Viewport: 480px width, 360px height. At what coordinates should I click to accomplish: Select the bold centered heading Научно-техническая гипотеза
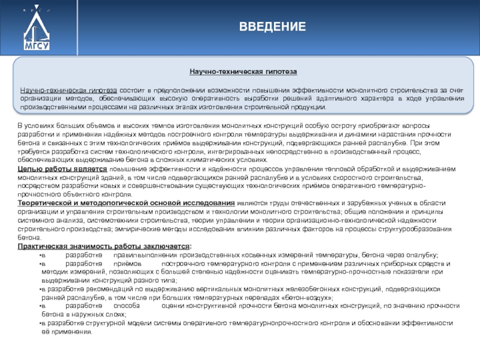[x=243, y=71]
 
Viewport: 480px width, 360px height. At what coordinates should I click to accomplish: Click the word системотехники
[x=112, y=220]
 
